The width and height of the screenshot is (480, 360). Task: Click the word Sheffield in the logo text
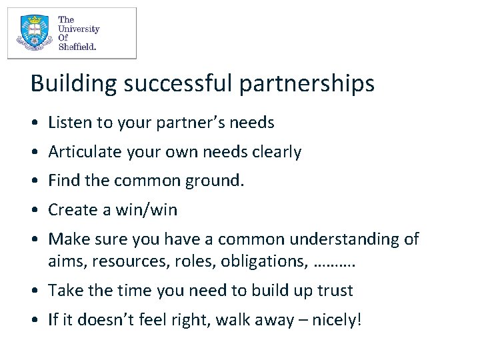click(x=77, y=47)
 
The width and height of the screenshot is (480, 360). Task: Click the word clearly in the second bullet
click(x=277, y=152)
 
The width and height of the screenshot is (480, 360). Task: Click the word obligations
click(x=265, y=261)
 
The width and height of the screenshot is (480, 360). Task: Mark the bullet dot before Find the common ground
click(x=33, y=181)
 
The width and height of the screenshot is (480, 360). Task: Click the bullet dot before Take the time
click(x=33, y=291)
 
